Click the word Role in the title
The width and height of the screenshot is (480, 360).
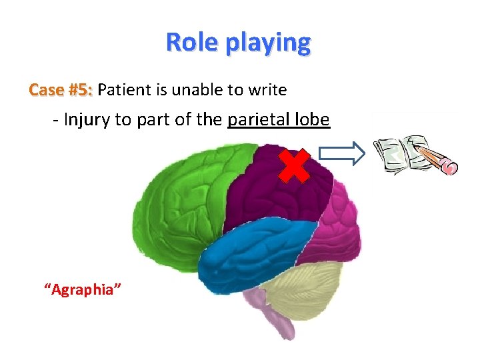[193, 42]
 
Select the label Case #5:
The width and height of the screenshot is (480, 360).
[61, 90]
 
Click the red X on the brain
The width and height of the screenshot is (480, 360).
[293, 166]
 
